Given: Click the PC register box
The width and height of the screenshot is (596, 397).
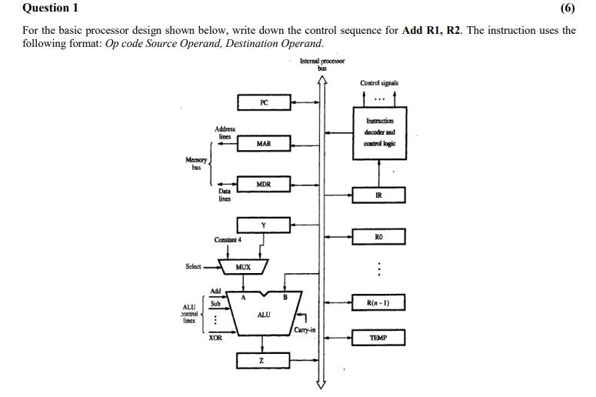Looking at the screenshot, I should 264,102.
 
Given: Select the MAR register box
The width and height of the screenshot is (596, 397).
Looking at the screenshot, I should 264,144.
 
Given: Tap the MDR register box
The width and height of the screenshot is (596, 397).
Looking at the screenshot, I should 264,185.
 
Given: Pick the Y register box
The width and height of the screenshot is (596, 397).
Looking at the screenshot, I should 264,225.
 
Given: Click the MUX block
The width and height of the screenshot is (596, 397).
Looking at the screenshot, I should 243,267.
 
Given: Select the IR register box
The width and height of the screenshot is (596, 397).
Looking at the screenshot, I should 378,195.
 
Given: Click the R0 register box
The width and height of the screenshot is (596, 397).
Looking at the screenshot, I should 378,237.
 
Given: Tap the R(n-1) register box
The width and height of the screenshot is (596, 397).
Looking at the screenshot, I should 378,302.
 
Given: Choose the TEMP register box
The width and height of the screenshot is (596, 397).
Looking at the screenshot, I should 378,338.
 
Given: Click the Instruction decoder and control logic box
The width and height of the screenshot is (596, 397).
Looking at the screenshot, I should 379,132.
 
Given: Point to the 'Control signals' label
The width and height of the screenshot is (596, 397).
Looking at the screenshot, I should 378,83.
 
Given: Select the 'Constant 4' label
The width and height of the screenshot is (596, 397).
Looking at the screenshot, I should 228,240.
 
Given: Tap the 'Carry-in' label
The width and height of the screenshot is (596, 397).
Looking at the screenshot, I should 304,330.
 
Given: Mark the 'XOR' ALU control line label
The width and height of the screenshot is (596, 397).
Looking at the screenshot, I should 215,338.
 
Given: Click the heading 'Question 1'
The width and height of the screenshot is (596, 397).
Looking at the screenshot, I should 50,8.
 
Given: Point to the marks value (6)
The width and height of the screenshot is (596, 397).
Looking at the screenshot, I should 568,8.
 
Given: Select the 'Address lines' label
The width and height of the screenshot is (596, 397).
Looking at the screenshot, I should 225,132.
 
